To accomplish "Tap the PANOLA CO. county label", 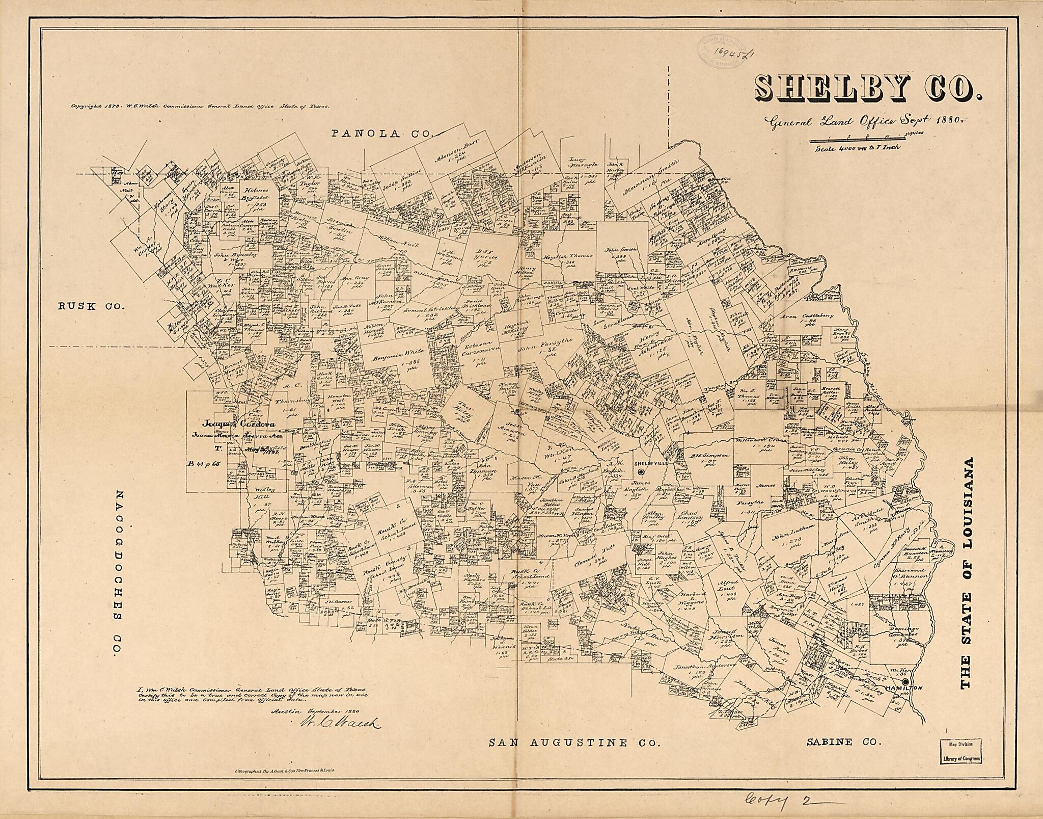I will pyautogui.click(x=380, y=134).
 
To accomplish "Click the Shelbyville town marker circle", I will pyautogui.click(x=641, y=472).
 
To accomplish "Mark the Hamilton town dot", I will pyautogui.click(x=905, y=682).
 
